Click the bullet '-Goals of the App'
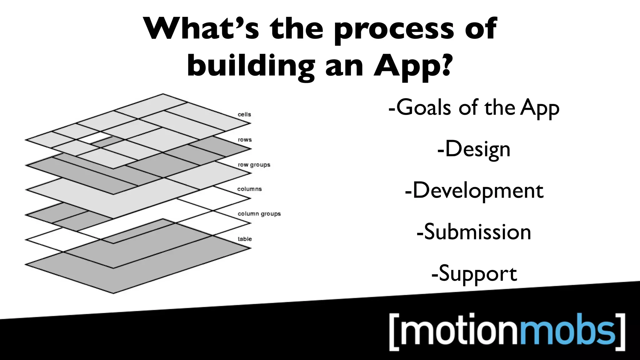[x=474, y=107]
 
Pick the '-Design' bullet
[x=474, y=149]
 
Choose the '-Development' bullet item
[x=474, y=191]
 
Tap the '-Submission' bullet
[x=474, y=232]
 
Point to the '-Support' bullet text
[x=474, y=273]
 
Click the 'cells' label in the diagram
[x=244, y=114]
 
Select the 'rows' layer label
[x=244, y=140]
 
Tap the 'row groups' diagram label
[x=254, y=165]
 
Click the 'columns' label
[x=249, y=189]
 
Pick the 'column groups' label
[x=259, y=214]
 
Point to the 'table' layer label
[x=245, y=239]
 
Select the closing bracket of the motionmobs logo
[x=621, y=332]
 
